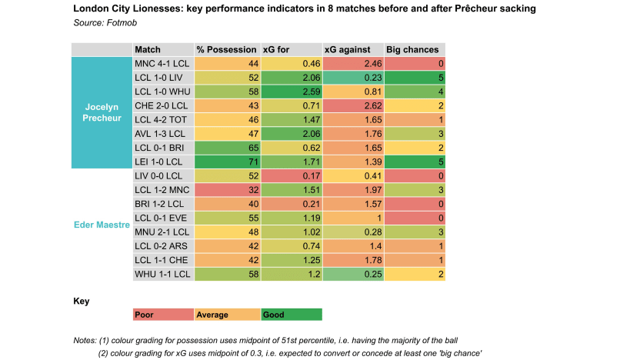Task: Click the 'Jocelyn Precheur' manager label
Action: (x=102, y=112)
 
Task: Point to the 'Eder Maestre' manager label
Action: (x=102, y=224)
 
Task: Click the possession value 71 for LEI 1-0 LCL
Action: (x=227, y=162)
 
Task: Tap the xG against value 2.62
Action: (x=352, y=105)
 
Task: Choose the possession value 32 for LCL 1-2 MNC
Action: (x=227, y=190)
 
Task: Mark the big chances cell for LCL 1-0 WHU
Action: (x=415, y=92)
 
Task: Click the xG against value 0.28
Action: (x=352, y=232)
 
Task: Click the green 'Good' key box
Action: (x=291, y=315)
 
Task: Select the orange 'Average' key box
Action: (x=227, y=315)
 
